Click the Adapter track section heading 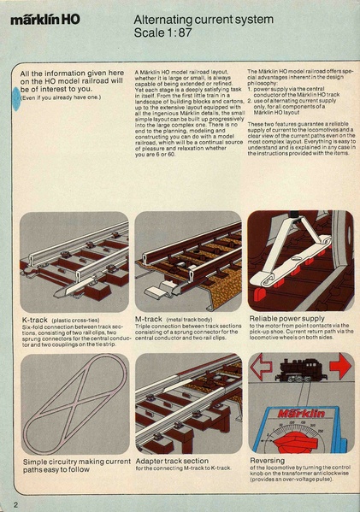click(x=171, y=460)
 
